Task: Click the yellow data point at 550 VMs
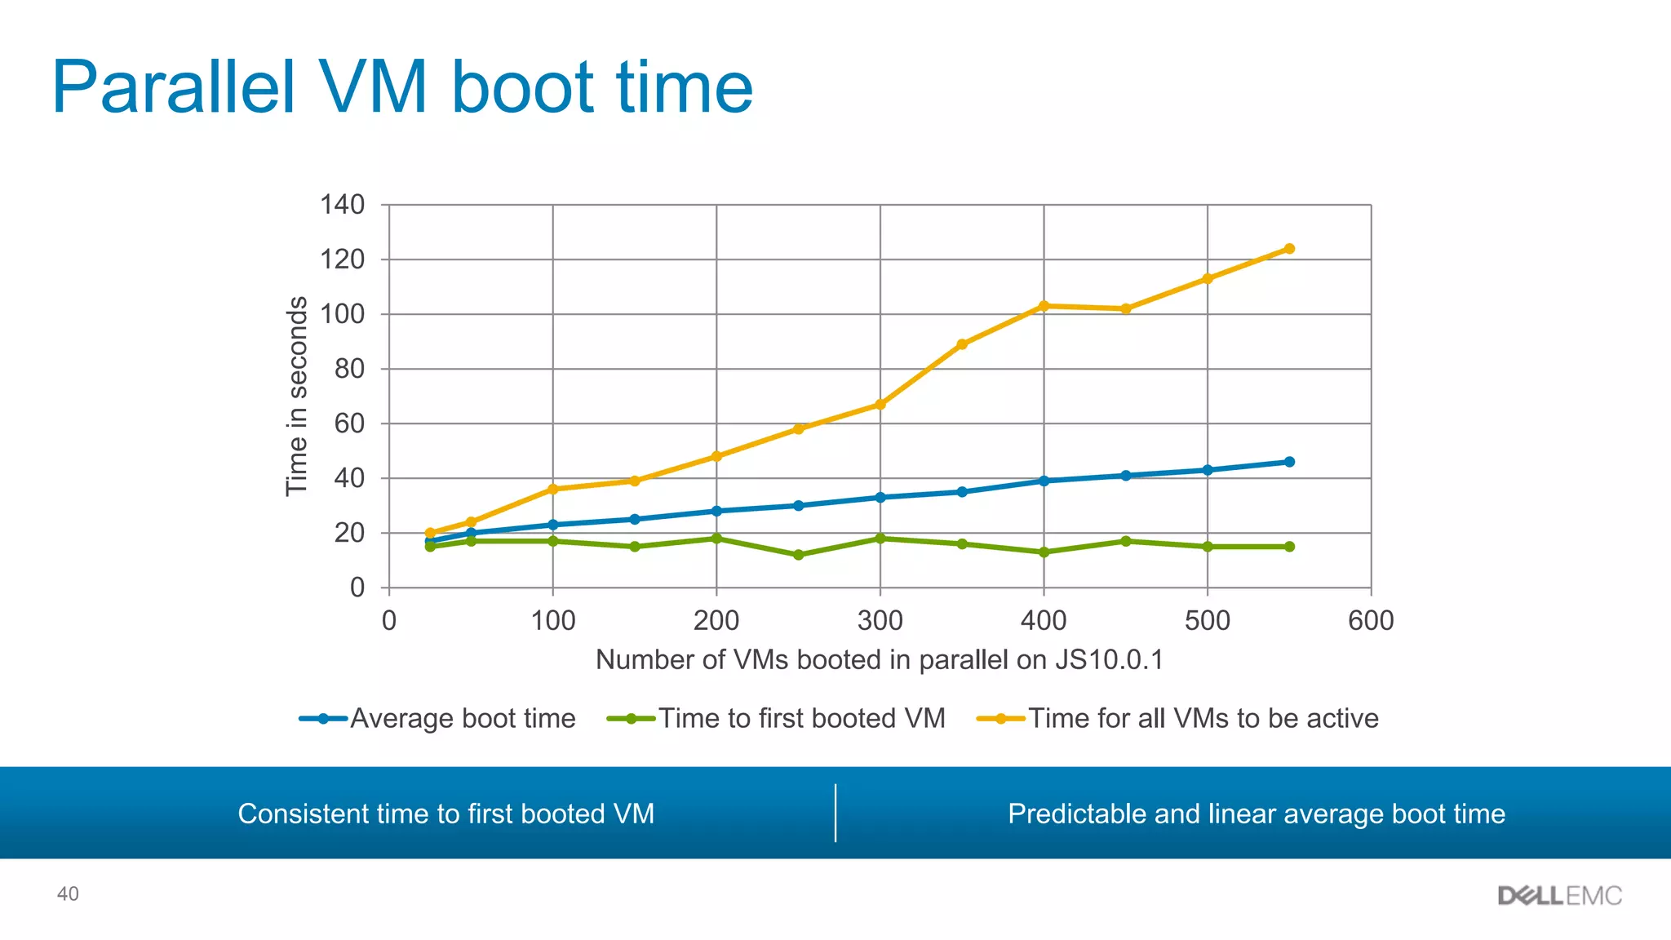(1289, 249)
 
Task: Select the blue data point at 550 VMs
(1289, 462)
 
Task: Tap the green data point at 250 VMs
(798, 555)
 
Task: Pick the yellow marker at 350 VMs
(962, 344)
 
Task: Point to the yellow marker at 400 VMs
(1044, 306)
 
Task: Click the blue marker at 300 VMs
(880, 497)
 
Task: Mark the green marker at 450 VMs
(1126, 541)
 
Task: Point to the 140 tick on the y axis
(343, 205)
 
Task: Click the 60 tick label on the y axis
(349, 423)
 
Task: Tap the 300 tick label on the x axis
(880, 621)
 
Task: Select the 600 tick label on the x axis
(1371, 621)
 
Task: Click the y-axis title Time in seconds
(297, 396)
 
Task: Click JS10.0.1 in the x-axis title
(1109, 659)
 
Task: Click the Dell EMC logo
(1559, 896)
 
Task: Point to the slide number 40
(68, 894)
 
